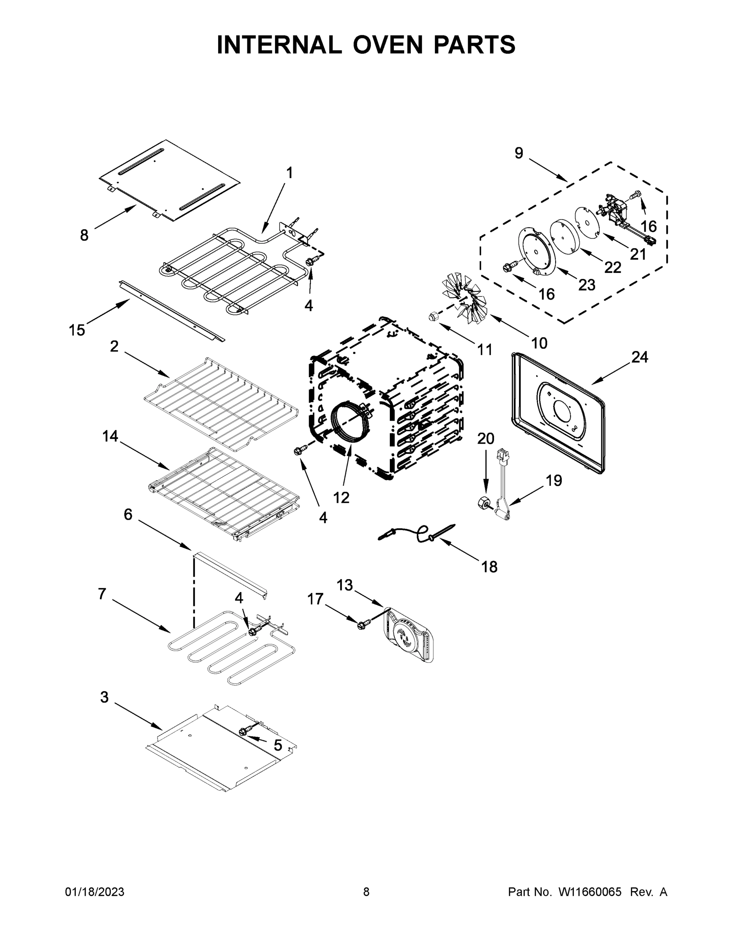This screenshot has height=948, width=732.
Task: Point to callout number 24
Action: coord(639,357)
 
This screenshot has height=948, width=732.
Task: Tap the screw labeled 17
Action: coord(361,624)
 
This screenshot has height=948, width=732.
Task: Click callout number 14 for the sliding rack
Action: coord(110,436)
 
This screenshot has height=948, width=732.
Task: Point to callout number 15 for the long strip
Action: coord(77,330)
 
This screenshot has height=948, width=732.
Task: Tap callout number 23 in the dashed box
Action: coord(586,285)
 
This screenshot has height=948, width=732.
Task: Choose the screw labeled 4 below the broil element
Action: coord(311,261)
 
